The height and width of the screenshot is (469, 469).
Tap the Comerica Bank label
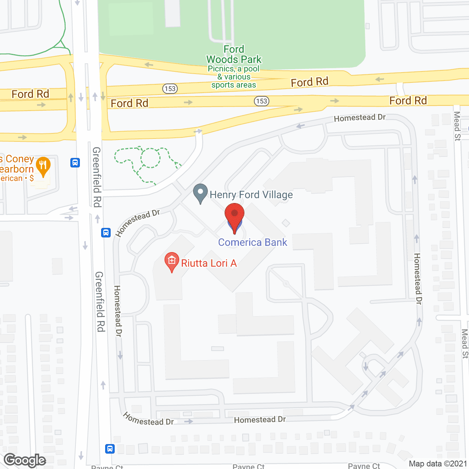[x=252, y=242]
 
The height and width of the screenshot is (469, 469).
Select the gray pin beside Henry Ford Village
[x=200, y=193]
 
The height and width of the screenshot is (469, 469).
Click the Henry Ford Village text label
[x=251, y=195]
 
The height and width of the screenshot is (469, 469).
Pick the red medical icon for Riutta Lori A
[x=171, y=262]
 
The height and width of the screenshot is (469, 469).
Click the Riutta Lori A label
[x=209, y=263]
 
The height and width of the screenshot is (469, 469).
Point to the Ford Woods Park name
[x=234, y=55]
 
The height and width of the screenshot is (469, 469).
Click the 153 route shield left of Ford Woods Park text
[x=170, y=89]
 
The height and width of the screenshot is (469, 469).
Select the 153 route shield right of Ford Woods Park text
[x=262, y=101]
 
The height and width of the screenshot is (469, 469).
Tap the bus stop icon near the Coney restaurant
[x=75, y=162]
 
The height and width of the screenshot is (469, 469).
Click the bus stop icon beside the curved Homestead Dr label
[x=106, y=232]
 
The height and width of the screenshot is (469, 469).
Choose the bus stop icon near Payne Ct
[x=110, y=448]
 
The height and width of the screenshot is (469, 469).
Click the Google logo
[x=25, y=460]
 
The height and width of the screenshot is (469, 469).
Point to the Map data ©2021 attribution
[x=438, y=464]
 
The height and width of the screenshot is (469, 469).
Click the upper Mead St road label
[x=457, y=126]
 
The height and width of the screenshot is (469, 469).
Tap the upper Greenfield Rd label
[x=97, y=177]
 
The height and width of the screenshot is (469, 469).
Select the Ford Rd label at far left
[x=30, y=94]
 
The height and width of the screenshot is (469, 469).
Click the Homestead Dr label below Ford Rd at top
[x=359, y=118]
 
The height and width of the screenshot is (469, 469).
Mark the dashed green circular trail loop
[x=150, y=158]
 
